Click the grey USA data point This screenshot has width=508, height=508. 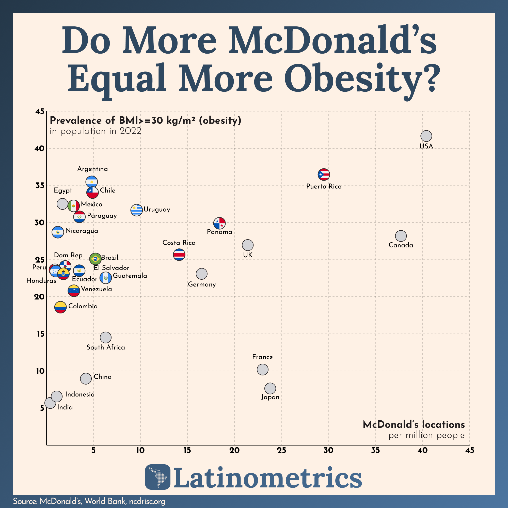tap(426, 136)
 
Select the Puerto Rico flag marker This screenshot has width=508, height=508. tap(324, 174)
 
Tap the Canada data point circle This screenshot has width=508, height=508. tap(401, 236)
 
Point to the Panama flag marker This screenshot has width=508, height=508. tap(219, 223)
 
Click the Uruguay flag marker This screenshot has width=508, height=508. tap(136, 210)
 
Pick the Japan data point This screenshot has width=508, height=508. tap(270, 388)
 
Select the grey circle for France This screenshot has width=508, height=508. tap(262, 369)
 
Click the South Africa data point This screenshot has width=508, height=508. tap(106, 337)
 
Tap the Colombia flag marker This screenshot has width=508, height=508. tap(60, 307)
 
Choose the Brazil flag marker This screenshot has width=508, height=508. tap(96, 259)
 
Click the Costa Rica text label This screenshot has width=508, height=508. tap(179, 243)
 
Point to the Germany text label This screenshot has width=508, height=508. tap(202, 284)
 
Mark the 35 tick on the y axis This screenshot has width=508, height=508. tap(40, 186)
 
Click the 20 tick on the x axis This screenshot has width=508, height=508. tap(234, 450)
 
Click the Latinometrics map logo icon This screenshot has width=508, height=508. tap(157, 477)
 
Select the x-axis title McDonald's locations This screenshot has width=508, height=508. tap(414, 424)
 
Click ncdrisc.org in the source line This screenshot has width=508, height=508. tap(147, 501)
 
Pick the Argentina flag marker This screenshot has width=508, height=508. tap(91, 182)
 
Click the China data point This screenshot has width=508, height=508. tap(86, 379)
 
